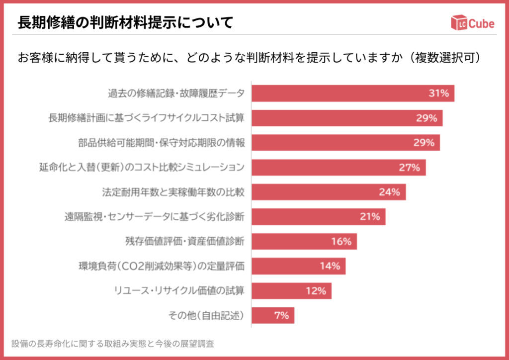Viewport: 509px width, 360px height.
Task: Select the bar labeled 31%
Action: click(352, 93)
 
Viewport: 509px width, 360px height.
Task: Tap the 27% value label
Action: click(409, 168)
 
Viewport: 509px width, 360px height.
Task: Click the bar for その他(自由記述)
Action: click(273, 315)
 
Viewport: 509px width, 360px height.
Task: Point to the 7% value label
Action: click(281, 315)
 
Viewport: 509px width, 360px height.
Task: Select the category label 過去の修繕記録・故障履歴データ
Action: click(176, 93)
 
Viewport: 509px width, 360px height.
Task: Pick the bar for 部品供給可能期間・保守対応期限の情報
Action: click(345, 143)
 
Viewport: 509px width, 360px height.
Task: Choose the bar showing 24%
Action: click(329, 192)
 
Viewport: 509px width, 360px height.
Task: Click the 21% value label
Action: click(370, 217)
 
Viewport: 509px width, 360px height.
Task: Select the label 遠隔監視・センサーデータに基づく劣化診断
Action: click(154, 217)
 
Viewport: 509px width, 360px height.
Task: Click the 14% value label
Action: click(330, 266)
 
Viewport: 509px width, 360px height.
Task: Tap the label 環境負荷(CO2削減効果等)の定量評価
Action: click(162, 266)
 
